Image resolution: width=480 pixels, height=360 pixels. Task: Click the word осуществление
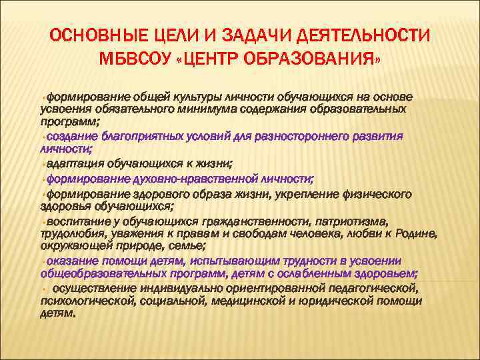point(93,289)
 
